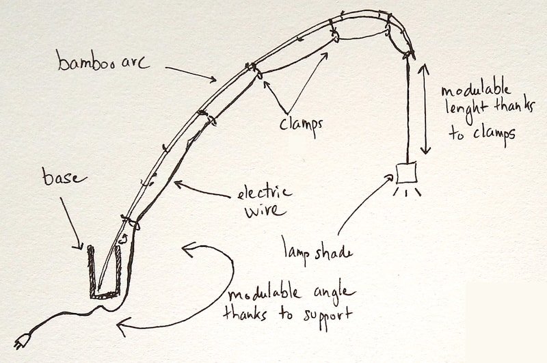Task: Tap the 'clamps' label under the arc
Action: pos(301,124)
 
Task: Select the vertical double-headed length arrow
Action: pos(424,109)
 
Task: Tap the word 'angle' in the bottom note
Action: pos(330,295)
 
